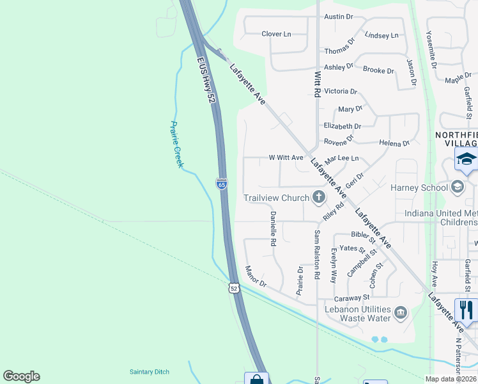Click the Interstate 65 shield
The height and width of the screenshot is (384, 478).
[x=222, y=184]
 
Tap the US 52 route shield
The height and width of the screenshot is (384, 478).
[x=235, y=289]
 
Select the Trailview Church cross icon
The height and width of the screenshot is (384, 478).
[x=318, y=198]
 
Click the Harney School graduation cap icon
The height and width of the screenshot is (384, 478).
[x=457, y=187]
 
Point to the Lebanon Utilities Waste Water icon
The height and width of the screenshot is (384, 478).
[x=401, y=312]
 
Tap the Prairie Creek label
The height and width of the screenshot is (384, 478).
[x=176, y=144]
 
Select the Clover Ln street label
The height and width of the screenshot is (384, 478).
[x=276, y=34]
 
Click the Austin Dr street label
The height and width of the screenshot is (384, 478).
[x=338, y=17]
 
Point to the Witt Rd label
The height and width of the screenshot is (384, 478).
[x=316, y=84]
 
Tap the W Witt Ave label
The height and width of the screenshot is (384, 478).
[x=286, y=157]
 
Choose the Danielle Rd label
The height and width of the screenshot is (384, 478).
[x=273, y=229]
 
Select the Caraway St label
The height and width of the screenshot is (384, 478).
[x=352, y=298]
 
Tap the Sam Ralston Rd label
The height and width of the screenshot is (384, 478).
[x=317, y=255]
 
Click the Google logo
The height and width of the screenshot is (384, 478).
[x=21, y=376]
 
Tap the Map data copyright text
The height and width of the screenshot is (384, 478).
[x=450, y=379]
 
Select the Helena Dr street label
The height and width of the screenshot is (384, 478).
[x=394, y=143]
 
